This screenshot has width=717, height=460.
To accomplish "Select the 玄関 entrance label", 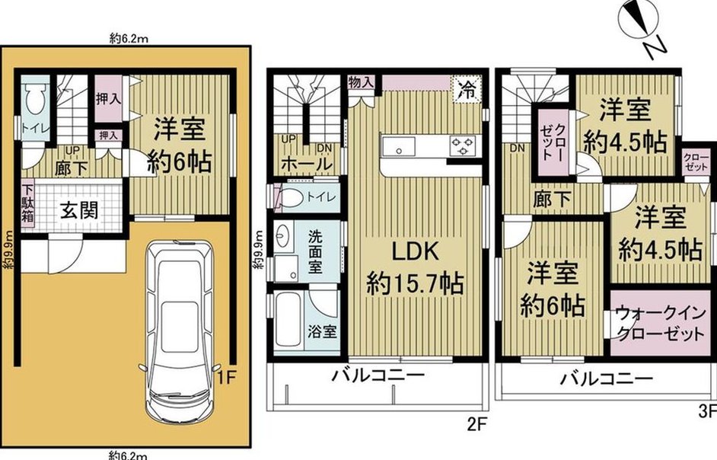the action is click(79, 211).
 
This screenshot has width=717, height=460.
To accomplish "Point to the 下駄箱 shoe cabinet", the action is click(27, 203).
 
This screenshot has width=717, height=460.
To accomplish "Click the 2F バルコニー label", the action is click(378, 375).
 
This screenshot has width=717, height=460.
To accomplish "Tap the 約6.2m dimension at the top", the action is click(129, 39).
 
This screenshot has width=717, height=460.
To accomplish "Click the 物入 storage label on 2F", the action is click(361, 83).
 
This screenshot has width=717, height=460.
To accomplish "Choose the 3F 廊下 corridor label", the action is click(553, 200).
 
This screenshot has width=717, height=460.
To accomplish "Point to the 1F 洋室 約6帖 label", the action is click(180, 145).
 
